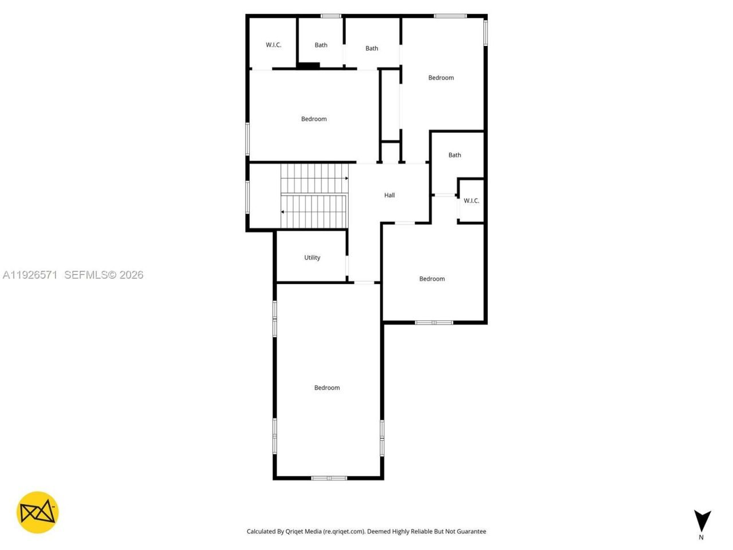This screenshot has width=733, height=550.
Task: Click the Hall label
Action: pos(389,195)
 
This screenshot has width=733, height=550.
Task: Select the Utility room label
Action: pos(312,258)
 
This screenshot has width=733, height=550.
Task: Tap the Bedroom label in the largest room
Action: pos(327,388)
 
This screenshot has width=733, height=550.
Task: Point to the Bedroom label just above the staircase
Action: pos(314,119)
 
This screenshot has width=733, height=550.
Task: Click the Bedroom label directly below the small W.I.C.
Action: pos(432,279)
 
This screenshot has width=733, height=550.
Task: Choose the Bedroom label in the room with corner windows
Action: pos(441,78)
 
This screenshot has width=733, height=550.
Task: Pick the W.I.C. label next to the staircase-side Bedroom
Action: pos(273,45)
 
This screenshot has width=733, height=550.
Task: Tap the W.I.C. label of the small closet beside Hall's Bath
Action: pos(471,201)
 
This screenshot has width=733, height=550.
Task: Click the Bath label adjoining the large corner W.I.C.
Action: pos(321,45)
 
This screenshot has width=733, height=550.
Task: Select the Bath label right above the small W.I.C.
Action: pos(455,155)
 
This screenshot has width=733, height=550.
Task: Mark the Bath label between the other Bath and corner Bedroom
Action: pos(372,49)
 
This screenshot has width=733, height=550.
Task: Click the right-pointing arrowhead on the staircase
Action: pos(346,179)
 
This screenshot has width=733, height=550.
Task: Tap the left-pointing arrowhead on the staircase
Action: pos(282,212)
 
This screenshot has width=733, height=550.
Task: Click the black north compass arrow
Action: pos(702,520)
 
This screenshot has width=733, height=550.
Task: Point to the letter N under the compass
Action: pos(701,537)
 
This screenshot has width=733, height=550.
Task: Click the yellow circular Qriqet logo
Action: pos(37,512)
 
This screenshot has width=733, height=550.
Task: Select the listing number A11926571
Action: pos(30,275)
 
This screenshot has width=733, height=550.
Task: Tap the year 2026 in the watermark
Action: pos(132,275)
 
